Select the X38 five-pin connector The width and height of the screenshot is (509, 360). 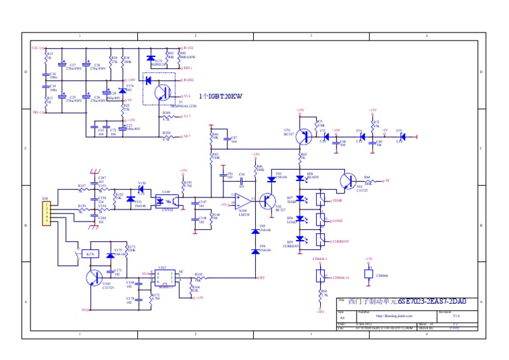46,212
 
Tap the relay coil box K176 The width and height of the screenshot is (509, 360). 91,254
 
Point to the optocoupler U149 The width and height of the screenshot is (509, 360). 168,202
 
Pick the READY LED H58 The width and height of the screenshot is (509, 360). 300,178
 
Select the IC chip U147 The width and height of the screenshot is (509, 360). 162,277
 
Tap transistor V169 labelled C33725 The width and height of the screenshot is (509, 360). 93,277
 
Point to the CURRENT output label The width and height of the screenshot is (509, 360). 340,241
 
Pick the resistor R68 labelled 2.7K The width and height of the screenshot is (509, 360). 321,293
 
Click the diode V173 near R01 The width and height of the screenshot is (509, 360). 151,60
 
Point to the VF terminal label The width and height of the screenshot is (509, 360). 387,180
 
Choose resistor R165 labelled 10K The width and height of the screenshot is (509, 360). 199,277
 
